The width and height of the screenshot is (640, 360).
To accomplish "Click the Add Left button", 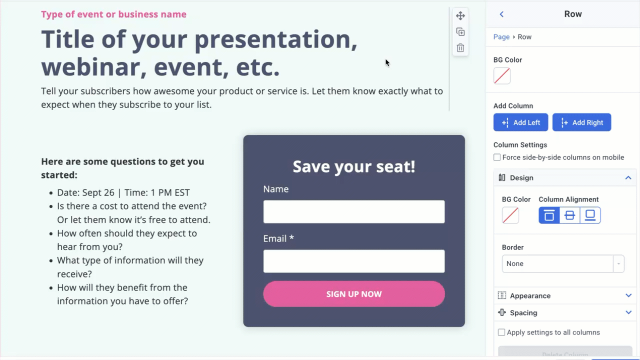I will [520, 122].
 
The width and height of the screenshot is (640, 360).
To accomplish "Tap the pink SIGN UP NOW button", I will [354, 294].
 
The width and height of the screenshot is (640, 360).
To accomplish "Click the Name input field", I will [354, 212].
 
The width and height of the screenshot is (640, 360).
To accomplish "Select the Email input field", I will [354, 261].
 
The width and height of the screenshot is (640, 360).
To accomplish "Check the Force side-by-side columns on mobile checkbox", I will [497, 157].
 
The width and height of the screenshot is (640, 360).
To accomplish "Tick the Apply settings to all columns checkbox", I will [501, 332].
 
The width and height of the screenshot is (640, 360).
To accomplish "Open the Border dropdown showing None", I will [563, 263].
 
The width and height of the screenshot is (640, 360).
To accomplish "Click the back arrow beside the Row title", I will [501, 14].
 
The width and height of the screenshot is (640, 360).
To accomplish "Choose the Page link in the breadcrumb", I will [501, 37].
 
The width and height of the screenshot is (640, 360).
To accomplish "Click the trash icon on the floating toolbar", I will [460, 48].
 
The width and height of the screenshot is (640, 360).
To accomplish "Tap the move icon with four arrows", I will [460, 16].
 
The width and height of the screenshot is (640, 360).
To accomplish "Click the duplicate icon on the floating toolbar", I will [460, 32].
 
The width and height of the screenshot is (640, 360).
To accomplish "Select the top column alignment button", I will [549, 215].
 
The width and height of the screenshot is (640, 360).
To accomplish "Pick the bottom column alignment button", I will [590, 215].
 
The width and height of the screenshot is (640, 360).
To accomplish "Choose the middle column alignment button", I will [569, 215].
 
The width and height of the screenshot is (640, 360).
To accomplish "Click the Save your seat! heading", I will [354, 166].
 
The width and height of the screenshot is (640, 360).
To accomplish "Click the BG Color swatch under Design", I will [510, 215].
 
